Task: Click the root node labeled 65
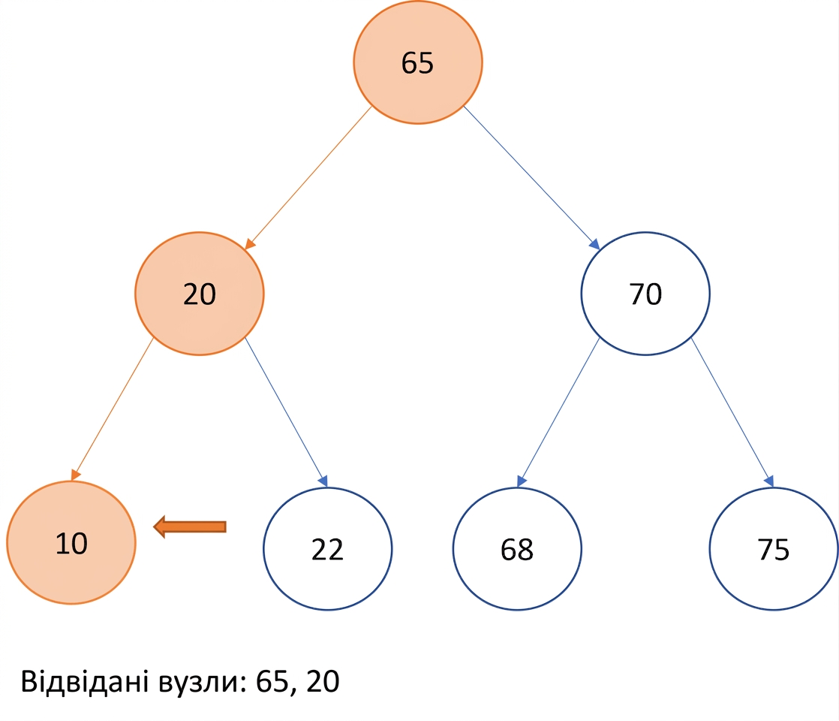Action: pyautogui.click(x=418, y=62)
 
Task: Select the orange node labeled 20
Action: pyautogui.click(x=200, y=294)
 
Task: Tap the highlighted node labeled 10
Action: pyautogui.click(x=71, y=542)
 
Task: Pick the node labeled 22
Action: pyautogui.click(x=327, y=548)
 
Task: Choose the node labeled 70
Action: pyautogui.click(x=645, y=294)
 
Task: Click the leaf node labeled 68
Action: pyautogui.click(x=517, y=548)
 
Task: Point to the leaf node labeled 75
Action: pyautogui.click(x=774, y=548)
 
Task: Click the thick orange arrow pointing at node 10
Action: pyautogui.click(x=190, y=526)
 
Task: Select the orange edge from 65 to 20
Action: pyautogui.click(x=308, y=178)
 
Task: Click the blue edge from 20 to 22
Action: pyautogui.click(x=286, y=412)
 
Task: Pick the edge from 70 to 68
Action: pyautogui.click(x=558, y=412)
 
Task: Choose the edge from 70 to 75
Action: pyautogui.click(x=732, y=412)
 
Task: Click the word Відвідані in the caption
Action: pyautogui.click(x=85, y=681)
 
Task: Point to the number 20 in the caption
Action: pyautogui.click(x=323, y=681)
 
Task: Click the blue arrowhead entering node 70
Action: pyautogui.click(x=595, y=244)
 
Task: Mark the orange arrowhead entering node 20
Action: pyautogui.click(x=250, y=244)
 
